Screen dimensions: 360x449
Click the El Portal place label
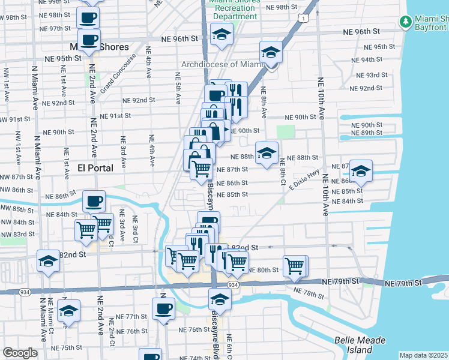click(95, 168)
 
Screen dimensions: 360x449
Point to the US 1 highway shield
click(306, 19)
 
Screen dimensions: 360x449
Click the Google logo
click(20, 353)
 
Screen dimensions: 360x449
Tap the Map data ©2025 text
click(424, 355)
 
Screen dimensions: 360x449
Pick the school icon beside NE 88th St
click(267, 153)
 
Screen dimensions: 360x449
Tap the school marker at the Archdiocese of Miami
click(271, 52)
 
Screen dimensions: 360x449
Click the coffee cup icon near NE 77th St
click(163, 309)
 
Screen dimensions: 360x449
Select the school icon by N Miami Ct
click(69, 311)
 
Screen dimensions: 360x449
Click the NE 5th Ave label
click(178, 88)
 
